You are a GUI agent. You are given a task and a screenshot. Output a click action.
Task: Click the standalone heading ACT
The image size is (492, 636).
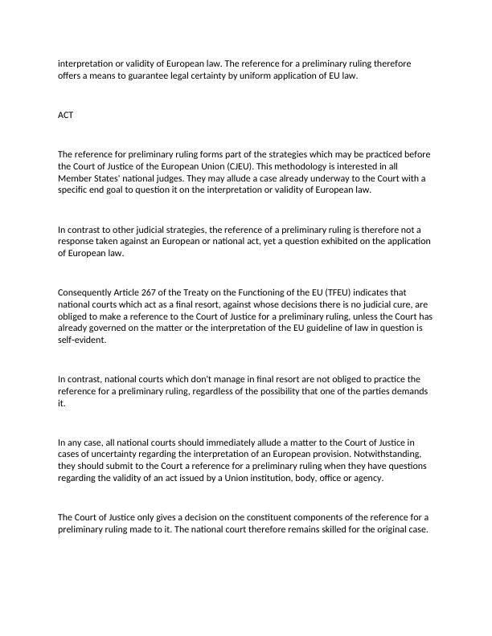point(66,115)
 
